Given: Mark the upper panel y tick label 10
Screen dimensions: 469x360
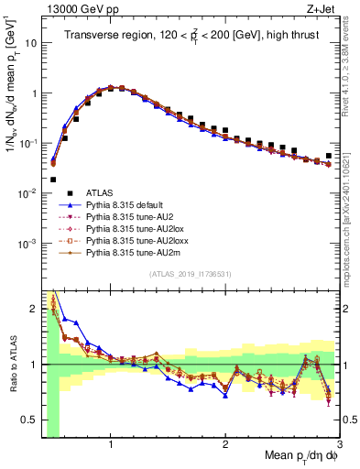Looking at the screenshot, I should pos(31,43).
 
